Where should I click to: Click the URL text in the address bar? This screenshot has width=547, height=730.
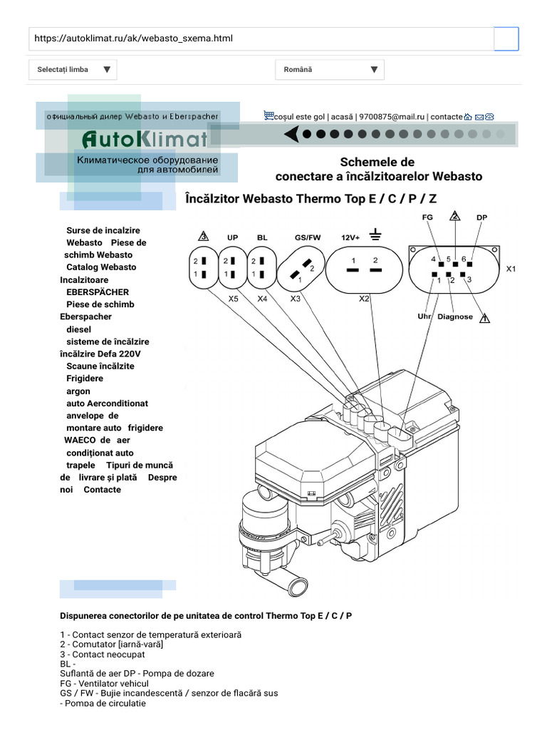pyautogui.click(x=134, y=38)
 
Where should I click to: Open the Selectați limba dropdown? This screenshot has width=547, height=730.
pyautogui.click(x=73, y=70)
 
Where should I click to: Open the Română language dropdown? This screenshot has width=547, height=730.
pyautogui.click(x=329, y=70)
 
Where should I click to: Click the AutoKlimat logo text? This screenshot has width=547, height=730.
pyautogui.click(x=145, y=138)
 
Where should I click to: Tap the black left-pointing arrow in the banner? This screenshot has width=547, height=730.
pyautogui.click(x=291, y=134)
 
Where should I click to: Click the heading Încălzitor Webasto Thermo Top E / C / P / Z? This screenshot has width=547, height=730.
pyautogui.click(x=316, y=199)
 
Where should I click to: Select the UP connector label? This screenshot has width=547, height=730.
pyautogui.click(x=232, y=237)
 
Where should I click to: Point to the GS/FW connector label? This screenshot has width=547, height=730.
pyautogui.click(x=308, y=237)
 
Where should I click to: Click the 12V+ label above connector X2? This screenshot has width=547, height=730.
pyautogui.click(x=351, y=237)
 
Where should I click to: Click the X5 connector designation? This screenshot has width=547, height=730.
pyautogui.click(x=233, y=299)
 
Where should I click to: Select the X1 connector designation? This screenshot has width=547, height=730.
pyautogui.click(x=511, y=269)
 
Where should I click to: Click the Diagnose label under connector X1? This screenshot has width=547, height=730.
pyautogui.click(x=454, y=317)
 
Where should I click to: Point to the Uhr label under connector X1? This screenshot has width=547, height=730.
pyautogui.click(x=424, y=317)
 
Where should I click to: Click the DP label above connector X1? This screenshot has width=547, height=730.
pyautogui.click(x=481, y=217)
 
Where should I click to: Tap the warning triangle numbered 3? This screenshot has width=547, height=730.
pyautogui.click(x=203, y=237)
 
